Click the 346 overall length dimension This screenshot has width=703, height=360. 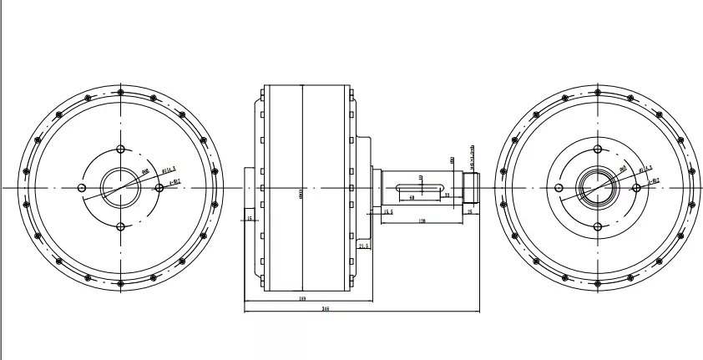(326, 309)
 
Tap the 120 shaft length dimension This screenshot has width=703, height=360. (422, 221)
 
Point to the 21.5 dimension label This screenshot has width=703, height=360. (364, 247)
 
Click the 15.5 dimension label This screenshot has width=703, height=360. (387, 212)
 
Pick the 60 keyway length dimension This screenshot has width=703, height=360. (412, 198)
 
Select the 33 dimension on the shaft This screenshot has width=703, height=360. (448, 195)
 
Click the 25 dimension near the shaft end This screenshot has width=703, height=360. (469, 212)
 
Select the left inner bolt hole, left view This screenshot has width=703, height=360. (82, 187)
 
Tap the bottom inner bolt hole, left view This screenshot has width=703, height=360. (120, 226)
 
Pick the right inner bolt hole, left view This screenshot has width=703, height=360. (159, 187)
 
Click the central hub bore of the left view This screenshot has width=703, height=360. (120, 187)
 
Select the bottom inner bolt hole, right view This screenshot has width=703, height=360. (597, 226)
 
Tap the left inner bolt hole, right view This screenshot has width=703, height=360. (559, 187)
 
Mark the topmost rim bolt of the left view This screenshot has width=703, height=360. (121, 91)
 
